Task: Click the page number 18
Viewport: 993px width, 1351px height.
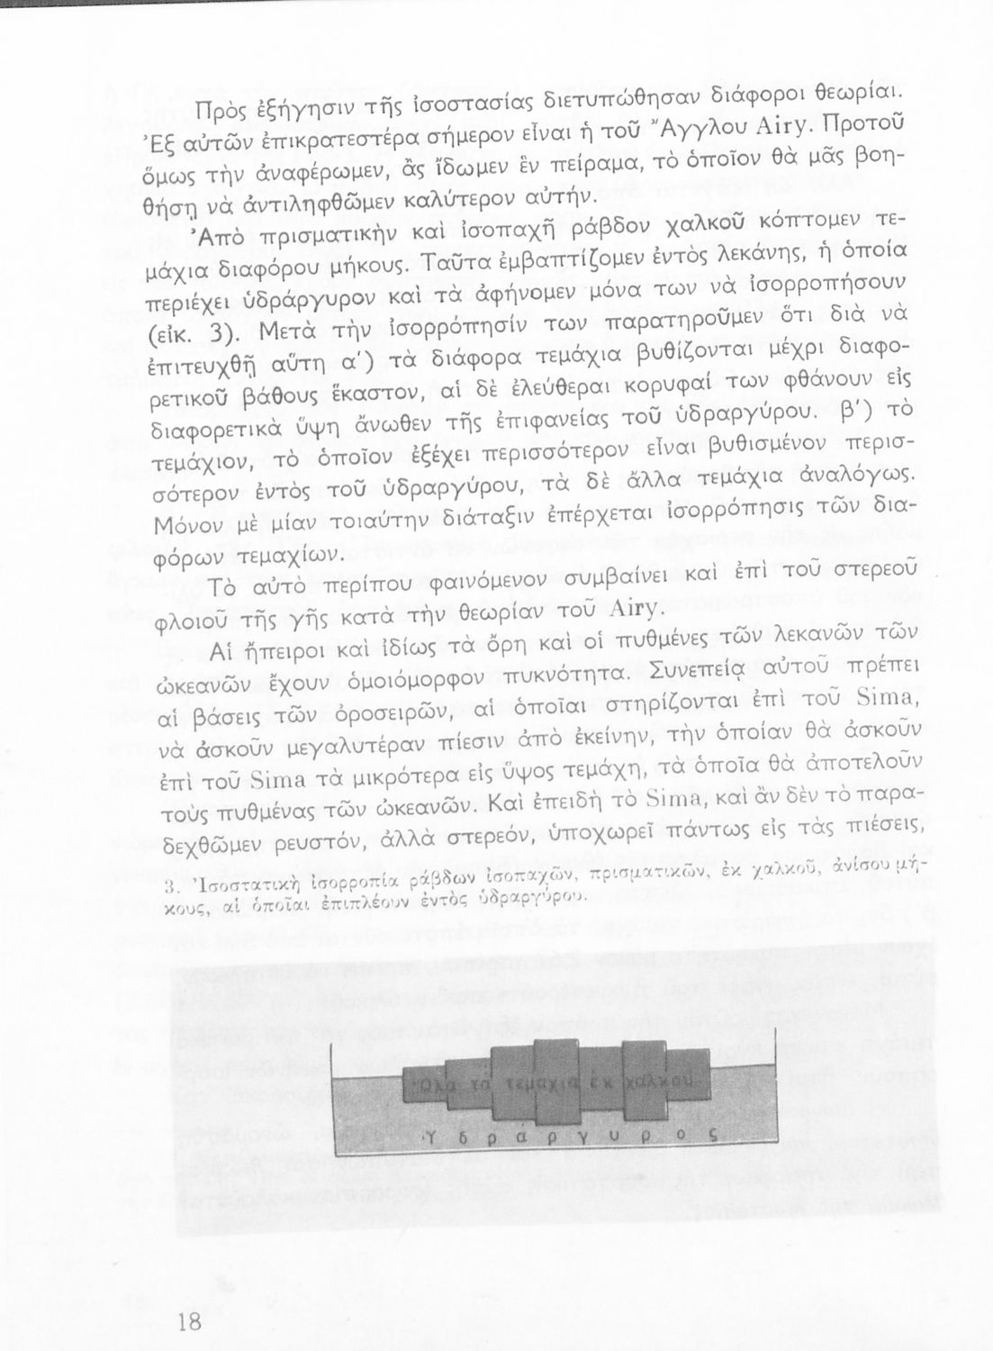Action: pyautogui.click(x=189, y=1322)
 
